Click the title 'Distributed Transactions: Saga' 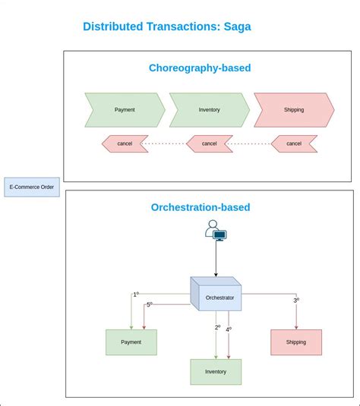[x=166, y=27]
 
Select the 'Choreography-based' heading [x=200, y=68]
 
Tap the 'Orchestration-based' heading [x=201, y=207]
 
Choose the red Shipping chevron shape [x=294, y=109]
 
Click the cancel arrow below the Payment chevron [x=125, y=143]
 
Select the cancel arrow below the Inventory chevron [x=210, y=143]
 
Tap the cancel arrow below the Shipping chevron [x=294, y=143]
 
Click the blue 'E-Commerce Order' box [x=32, y=187]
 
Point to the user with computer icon [x=216, y=230]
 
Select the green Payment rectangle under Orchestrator [x=131, y=342]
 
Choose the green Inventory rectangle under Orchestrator [x=216, y=372]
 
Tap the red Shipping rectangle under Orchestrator [x=296, y=342]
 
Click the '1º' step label [x=136, y=294]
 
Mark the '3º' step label [x=296, y=301]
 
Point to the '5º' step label [x=150, y=304]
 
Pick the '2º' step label [x=217, y=328]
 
